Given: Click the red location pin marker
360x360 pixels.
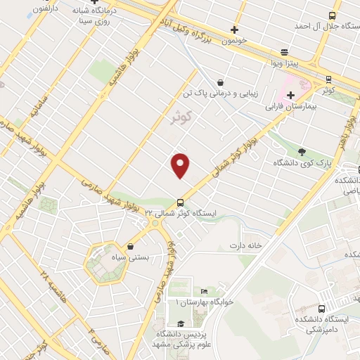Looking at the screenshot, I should tap(181, 166).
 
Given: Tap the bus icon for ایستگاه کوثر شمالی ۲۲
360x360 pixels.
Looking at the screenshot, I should tap(181, 202).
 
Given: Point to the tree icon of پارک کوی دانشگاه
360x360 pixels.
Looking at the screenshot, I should tap(302, 151).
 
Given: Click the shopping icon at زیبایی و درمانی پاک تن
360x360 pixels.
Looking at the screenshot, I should tap(221, 82).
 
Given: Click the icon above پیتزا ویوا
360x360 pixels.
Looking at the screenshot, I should tap(283, 52).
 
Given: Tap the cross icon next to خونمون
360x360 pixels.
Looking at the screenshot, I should tap(234, 30).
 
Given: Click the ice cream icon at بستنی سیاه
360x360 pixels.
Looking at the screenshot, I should tap(131, 246).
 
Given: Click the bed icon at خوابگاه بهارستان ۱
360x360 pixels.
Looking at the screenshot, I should tap(204, 291).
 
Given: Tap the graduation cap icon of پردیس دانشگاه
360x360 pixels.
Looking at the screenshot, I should tap(181, 323).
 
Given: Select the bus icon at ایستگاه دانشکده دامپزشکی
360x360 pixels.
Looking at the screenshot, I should tap(321, 309).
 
